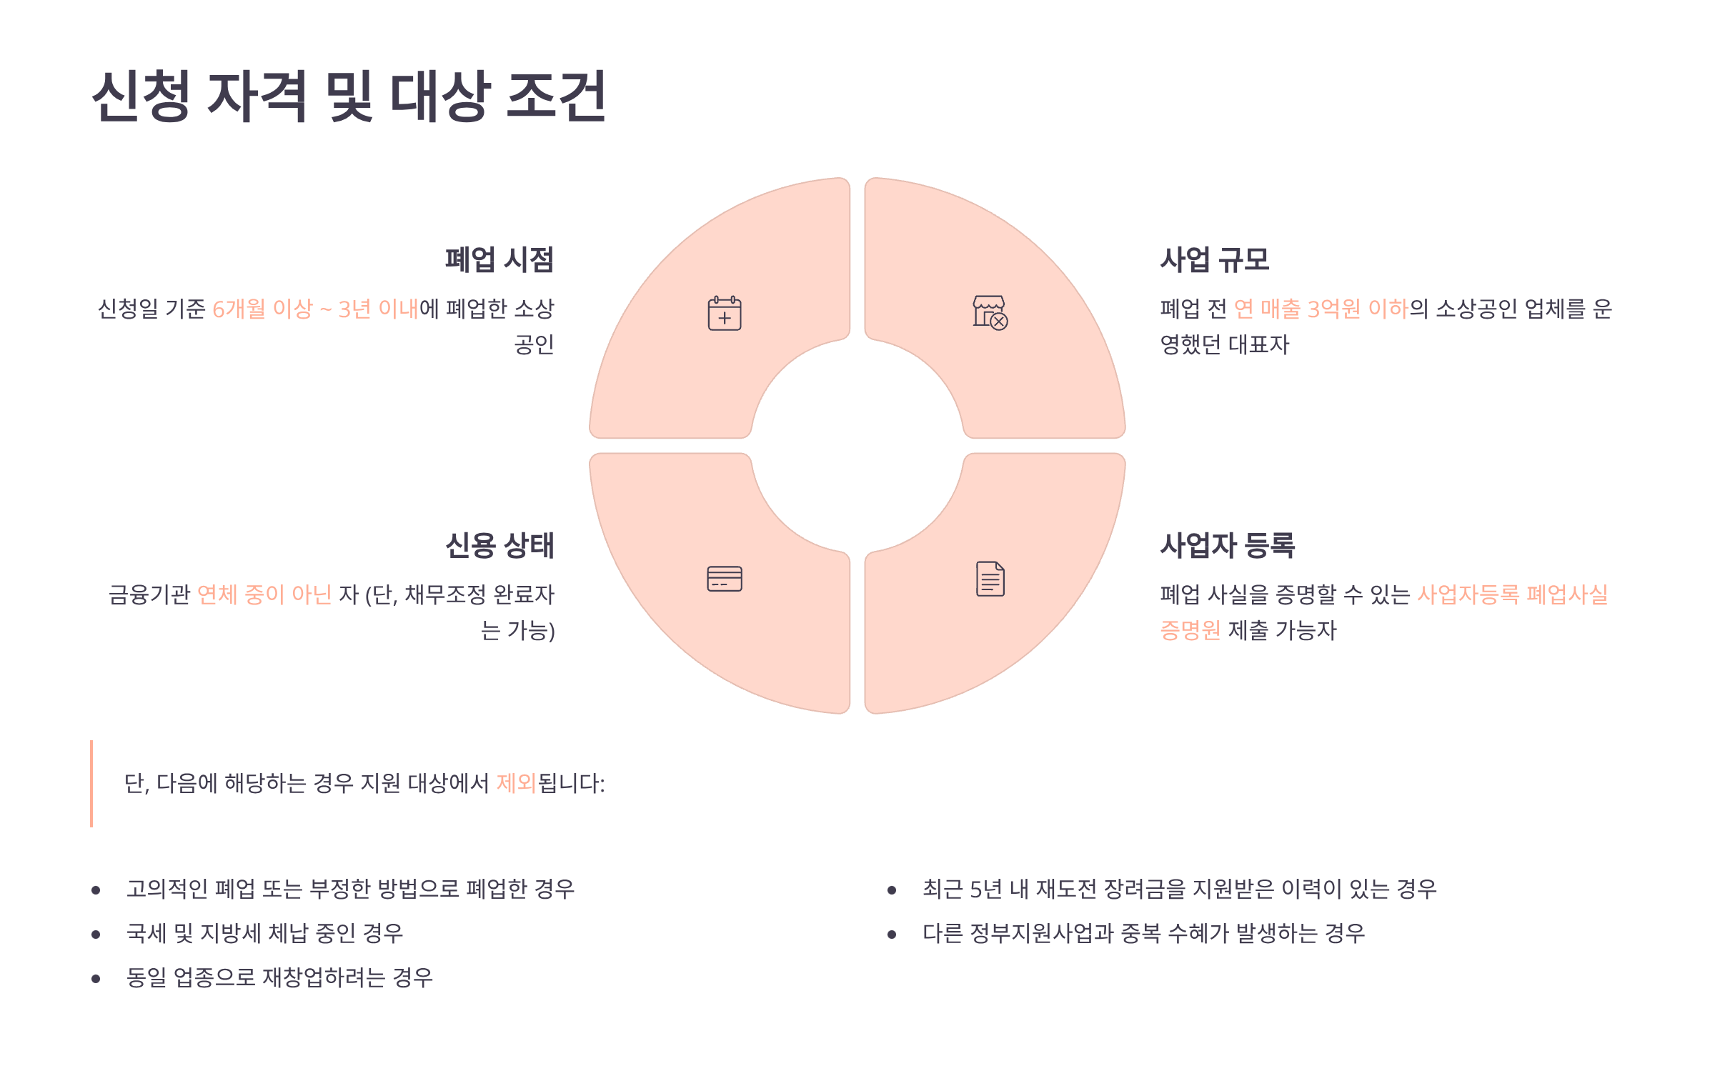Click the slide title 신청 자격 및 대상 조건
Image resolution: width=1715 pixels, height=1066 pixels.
tap(349, 96)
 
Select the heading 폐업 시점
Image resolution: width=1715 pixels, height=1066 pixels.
tap(499, 259)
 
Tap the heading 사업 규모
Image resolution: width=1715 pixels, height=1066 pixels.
tap(1214, 259)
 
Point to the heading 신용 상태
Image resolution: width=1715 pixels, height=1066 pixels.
tap(499, 545)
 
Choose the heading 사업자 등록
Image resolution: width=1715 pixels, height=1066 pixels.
tap(1227, 545)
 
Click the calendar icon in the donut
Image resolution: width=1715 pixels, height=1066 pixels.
tap(725, 313)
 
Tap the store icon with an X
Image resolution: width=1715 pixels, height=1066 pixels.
tap(990, 313)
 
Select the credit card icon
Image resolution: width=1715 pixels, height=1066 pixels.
tap(725, 579)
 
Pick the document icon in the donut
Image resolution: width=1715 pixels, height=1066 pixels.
tap(990, 579)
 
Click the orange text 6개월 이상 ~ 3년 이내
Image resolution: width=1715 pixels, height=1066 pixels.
tap(315, 309)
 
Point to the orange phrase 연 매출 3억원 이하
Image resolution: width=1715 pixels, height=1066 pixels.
tap(1321, 309)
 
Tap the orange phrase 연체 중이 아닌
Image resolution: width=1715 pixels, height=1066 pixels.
tap(264, 594)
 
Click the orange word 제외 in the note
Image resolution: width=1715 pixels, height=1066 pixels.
tap(516, 783)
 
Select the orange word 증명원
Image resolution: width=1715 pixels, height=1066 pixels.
tap(1190, 630)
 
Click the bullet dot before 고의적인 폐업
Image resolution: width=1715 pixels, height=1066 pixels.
tap(96, 890)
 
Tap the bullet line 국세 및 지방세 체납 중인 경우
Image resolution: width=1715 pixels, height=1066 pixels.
tap(264, 933)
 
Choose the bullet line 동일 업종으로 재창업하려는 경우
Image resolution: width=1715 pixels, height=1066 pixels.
tap(279, 977)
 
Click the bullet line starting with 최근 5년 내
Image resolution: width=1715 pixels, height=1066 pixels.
tap(1179, 889)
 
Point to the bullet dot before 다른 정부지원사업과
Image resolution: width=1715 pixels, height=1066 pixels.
tap(892, 934)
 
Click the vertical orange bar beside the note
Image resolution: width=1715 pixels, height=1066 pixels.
tap(91, 784)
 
